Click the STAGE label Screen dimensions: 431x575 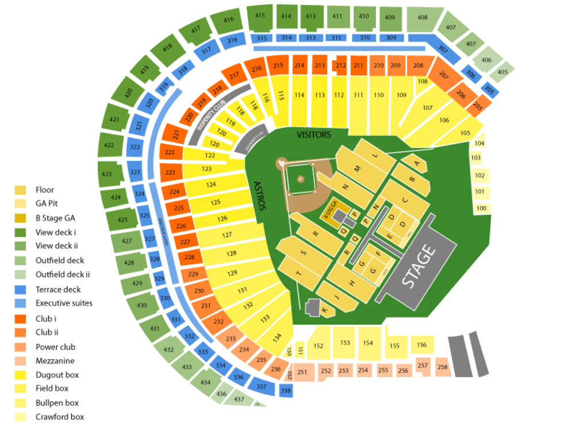coord(418,267)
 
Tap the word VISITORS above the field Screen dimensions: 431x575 coord(314,135)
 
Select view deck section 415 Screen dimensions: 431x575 coord(260,16)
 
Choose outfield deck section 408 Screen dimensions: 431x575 coord(423,18)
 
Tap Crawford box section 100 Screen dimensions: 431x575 coord(481,207)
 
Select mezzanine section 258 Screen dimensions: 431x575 coord(442,367)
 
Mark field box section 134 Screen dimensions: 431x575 coord(277,337)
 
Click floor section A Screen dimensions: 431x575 coord(417,163)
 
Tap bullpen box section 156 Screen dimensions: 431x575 coord(422,345)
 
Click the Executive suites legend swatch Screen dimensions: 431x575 coord(20,303)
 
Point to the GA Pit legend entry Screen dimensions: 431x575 coord(47,203)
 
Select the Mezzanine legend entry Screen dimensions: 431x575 coord(55,361)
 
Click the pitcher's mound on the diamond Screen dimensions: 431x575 coord(300,179)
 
